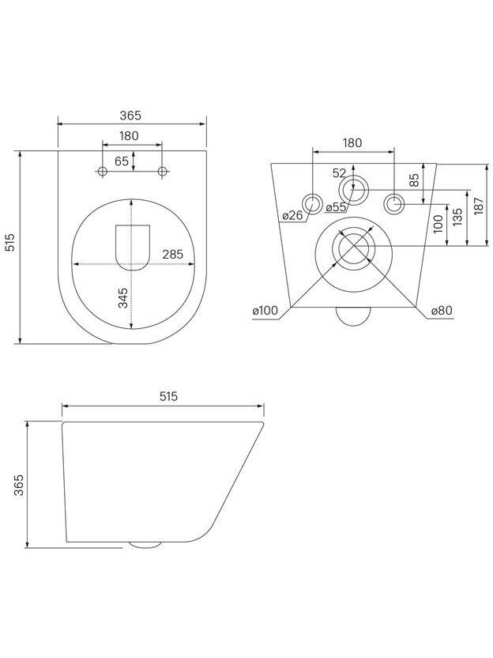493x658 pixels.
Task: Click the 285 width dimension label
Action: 173,255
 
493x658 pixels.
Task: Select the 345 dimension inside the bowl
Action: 123,298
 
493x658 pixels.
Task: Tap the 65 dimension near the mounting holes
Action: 122,161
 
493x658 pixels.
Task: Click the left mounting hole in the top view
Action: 102,171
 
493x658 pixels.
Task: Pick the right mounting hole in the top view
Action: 162,171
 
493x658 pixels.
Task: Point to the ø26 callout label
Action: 292,216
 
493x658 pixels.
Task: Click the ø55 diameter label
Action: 336,207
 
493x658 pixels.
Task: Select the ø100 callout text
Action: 265,311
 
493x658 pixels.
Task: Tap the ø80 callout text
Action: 442,311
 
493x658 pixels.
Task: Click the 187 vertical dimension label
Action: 479,206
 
